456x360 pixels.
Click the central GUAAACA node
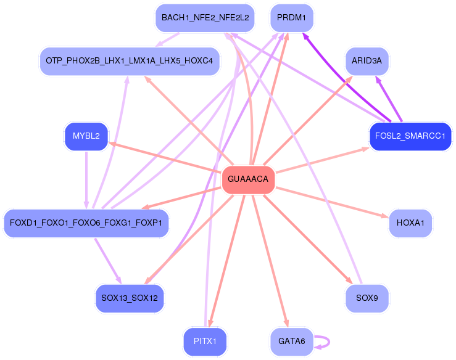click(x=248, y=179)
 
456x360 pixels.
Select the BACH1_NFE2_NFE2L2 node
click(x=205, y=18)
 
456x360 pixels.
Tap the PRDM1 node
click(x=292, y=18)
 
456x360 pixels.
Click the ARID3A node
click(x=367, y=61)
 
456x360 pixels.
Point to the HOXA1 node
click(x=410, y=223)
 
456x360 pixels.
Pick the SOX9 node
click(x=367, y=298)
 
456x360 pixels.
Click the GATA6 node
click(x=291, y=341)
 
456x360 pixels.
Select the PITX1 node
click(x=205, y=341)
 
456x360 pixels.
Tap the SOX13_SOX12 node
click(x=130, y=298)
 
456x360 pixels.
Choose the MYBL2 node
click(x=86, y=136)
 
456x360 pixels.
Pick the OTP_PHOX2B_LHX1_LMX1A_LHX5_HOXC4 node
click(x=130, y=61)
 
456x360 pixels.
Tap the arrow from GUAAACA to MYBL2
click(x=167, y=157)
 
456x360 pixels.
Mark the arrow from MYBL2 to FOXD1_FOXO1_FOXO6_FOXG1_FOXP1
click(x=86, y=179)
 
